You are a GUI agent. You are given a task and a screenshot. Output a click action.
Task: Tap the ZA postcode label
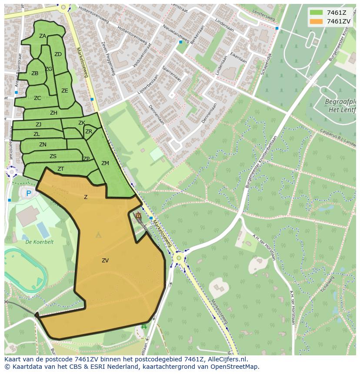(43, 36)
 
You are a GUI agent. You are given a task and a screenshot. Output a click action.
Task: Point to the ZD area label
(58, 54)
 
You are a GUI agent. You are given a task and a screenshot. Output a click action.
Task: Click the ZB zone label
(35, 73)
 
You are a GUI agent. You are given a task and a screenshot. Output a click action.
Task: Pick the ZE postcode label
(65, 91)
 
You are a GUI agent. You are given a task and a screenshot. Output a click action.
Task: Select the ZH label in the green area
(53, 113)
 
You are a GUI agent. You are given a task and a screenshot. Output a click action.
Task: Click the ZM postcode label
(105, 163)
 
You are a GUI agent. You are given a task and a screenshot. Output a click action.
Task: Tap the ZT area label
(61, 169)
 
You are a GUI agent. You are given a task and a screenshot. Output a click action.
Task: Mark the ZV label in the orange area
(105, 261)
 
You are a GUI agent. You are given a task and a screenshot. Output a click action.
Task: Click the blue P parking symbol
(29, 194)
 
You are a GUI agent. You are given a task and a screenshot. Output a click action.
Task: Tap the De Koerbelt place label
(39, 242)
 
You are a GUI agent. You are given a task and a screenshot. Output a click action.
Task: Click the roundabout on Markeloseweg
(178, 258)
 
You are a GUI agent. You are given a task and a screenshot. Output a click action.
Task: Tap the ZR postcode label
(89, 132)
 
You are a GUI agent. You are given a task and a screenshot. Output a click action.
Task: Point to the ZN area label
(43, 145)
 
